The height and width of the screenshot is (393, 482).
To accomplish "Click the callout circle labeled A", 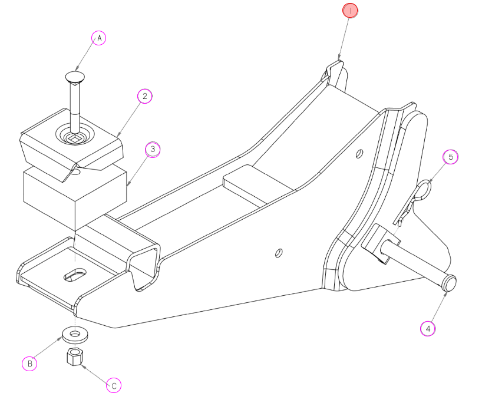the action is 98,38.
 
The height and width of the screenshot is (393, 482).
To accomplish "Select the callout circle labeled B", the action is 29,364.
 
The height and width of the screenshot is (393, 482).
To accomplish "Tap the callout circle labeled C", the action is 114,385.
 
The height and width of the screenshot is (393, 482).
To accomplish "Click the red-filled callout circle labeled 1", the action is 350,11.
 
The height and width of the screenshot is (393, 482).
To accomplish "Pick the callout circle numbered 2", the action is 145,96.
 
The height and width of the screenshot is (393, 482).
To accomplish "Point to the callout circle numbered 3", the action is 153,150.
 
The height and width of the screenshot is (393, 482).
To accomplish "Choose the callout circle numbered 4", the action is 428,329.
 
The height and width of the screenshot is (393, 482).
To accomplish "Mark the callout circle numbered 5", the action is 450,157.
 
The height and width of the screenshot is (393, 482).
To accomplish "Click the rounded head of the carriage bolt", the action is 75,77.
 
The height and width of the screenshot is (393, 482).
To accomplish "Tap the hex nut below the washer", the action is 74,356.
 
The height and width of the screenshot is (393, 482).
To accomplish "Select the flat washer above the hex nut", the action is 75,334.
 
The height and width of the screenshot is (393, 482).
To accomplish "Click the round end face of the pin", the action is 450,283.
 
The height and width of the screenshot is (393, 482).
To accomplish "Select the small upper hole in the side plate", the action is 359,154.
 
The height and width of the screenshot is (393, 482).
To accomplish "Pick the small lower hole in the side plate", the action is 279,253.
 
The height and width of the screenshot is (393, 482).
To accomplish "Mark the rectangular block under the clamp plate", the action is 75,197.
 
